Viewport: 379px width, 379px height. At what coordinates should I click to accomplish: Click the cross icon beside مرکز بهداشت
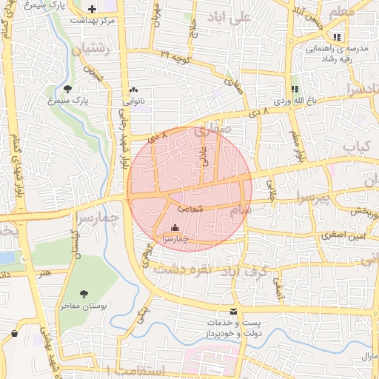tap(92, 10)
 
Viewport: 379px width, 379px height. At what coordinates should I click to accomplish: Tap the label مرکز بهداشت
tap(91, 20)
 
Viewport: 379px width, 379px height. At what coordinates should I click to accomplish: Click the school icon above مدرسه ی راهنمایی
tap(337, 36)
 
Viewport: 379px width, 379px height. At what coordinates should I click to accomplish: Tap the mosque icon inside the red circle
tap(175, 228)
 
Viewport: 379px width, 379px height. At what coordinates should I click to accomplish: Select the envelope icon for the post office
tap(234, 312)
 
